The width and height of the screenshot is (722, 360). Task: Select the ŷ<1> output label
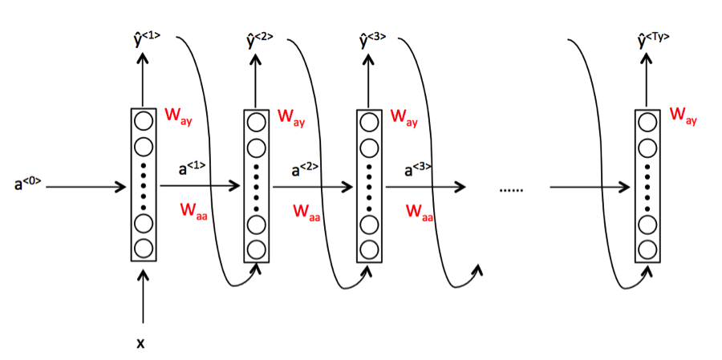point(145,40)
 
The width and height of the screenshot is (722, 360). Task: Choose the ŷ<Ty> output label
point(652,40)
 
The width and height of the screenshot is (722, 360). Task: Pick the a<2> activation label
point(305,168)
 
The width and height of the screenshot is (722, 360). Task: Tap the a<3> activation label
point(418,168)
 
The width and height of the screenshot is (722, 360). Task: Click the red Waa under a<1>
point(193,212)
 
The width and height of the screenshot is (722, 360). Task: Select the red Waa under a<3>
point(420,212)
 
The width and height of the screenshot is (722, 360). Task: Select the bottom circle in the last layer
point(647,249)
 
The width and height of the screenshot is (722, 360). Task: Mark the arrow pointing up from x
point(144,297)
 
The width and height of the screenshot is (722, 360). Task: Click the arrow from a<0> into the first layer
point(86,187)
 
